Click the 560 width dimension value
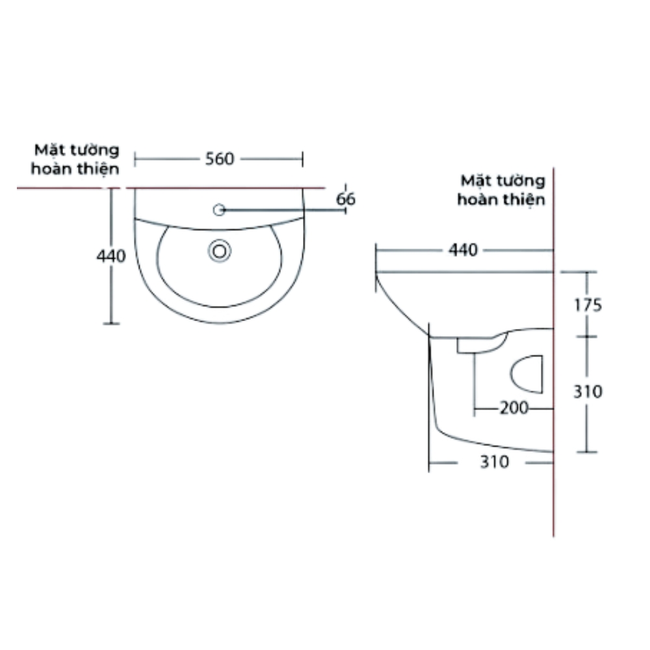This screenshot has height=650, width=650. pyautogui.click(x=219, y=159)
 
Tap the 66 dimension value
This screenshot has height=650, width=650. pyautogui.click(x=346, y=200)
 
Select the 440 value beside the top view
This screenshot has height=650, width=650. pyautogui.click(x=110, y=256)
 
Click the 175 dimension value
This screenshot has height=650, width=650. pyautogui.click(x=588, y=304)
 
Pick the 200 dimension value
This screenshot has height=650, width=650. pyautogui.click(x=513, y=408)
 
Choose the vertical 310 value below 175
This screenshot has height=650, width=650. pyautogui.click(x=588, y=392)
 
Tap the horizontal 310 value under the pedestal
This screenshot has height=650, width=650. pyautogui.click(x=494, y=462)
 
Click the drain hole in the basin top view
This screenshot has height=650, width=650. pyautogui.click(x=220, y=250)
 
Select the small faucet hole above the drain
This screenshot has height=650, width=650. pyautogui.click(x=219, y=209)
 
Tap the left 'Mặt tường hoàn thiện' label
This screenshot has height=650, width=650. pyautogui.click(x=77, y=159)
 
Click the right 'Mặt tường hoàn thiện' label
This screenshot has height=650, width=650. pyautogui.click(x=501, y=189)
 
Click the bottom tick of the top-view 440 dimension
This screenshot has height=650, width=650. pyautogui.click(x=112, y=323)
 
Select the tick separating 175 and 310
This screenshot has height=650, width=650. pyautogui.click(x=588, y=336)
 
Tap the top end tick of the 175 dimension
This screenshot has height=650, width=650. pyautogui.click(x=588, y=272)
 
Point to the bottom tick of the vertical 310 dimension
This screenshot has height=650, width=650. pyautogui.click(x=588, y=451)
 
